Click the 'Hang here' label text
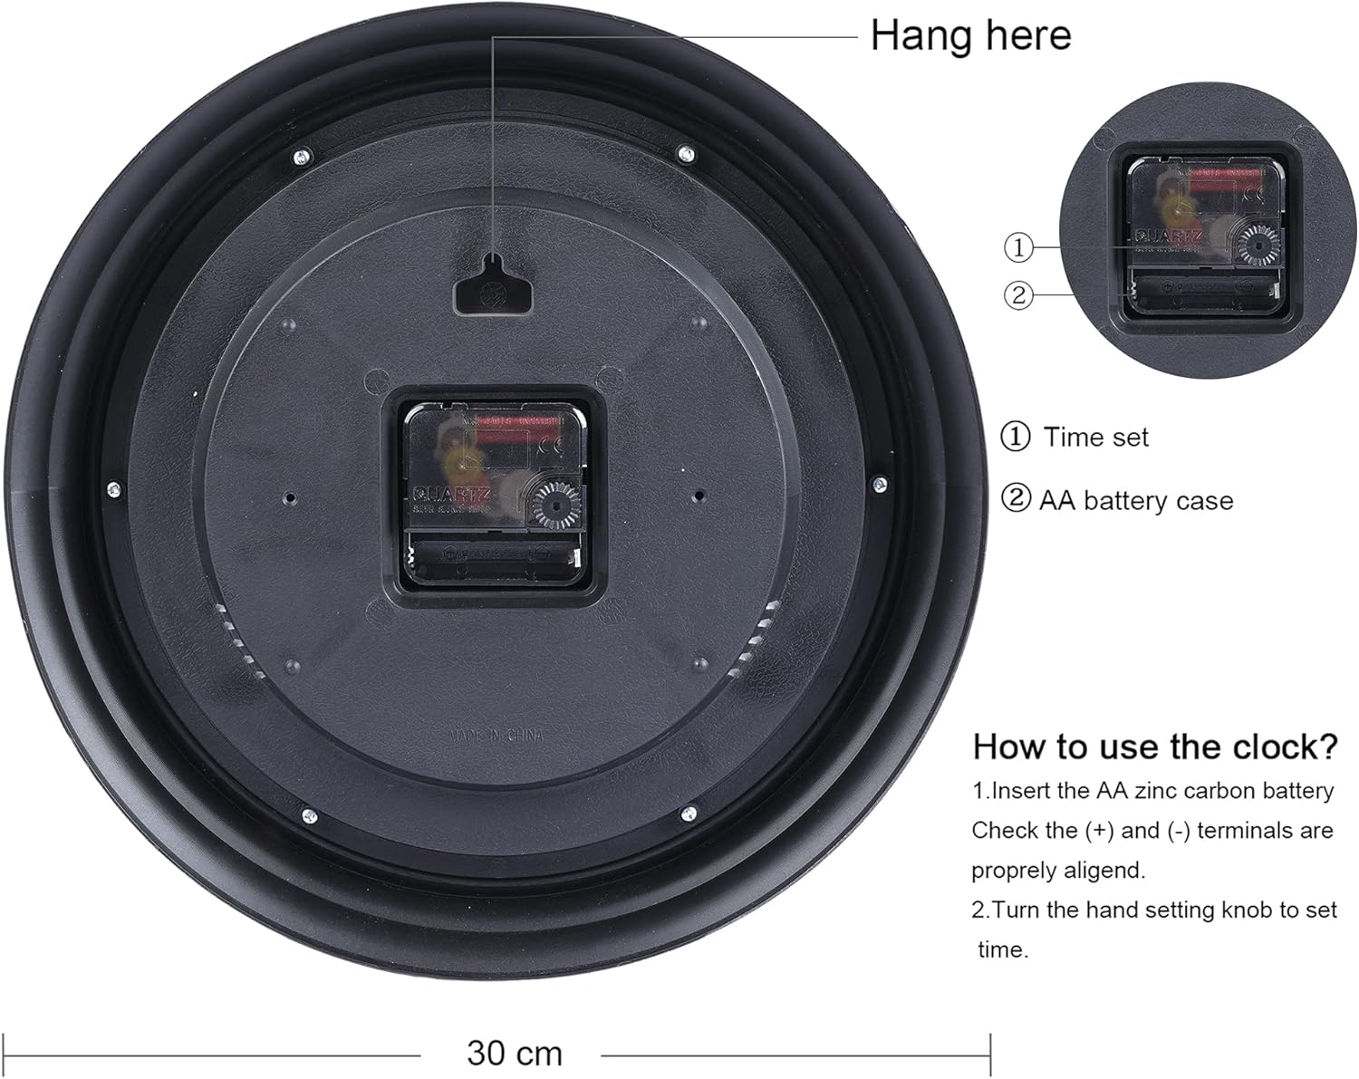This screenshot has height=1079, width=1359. [970, 36]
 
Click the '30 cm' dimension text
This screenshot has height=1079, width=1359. [515, 1053]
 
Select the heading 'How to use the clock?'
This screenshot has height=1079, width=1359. [1154, 747]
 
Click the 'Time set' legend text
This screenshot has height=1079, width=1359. [1095, 438]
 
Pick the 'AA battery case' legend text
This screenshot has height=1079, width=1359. [1136, 501]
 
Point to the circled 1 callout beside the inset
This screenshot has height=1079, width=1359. [1018, 246]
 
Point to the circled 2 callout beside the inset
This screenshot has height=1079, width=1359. [1018, 295]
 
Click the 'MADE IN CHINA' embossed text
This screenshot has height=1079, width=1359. [497, 737]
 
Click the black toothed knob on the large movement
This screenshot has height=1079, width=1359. [554, 506]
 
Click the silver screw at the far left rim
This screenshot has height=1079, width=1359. [113, 489]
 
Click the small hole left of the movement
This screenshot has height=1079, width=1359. [290, 498]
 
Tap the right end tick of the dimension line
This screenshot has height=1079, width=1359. [989, 1055]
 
